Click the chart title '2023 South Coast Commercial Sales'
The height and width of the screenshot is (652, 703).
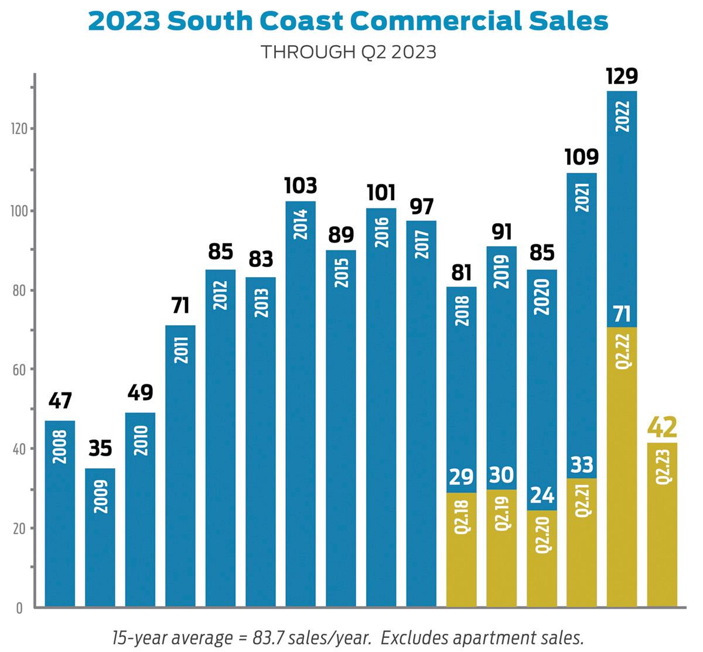click(x=348, y=22)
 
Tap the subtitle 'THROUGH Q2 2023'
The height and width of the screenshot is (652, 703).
click(x=348, y=52)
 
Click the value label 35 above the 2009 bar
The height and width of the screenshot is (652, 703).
click(x=100, y=449)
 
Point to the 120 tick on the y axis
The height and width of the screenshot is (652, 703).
click(x=19, y=129)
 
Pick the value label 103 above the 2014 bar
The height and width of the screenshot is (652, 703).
click(x=301, y=185)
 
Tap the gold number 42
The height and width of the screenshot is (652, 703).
click(x=662, y=427)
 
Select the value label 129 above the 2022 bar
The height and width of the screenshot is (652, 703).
click(x=622, y=76)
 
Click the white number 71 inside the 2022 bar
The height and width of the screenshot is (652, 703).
click(x=622, y=315)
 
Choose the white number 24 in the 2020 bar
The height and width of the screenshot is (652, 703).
click(x=541, y=496)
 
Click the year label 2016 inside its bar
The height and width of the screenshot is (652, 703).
click(x=381, y=232)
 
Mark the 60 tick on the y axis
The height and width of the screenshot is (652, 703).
click(x=21, y=370)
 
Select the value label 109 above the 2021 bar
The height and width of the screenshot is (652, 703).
click(x=582, y=157)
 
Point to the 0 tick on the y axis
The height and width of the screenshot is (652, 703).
click(x=19, y=608)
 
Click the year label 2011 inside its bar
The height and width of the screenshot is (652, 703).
click(x=180, y=350)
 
